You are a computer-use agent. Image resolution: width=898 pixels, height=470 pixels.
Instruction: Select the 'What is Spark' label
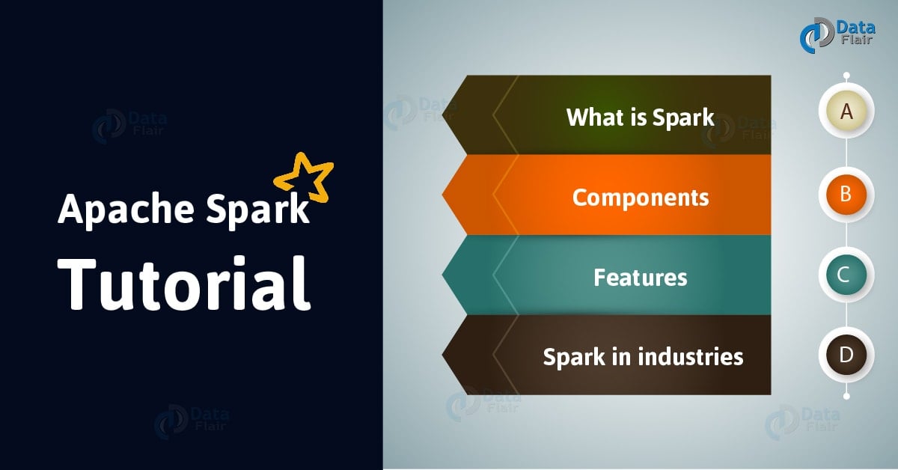pyautogui.click(x=640, y=117)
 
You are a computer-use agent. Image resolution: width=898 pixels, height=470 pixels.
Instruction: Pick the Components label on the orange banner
pyautogui.click(x=640, y=198)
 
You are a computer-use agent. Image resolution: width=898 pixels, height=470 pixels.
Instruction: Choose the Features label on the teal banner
pyautogui.click(x=640, y=278)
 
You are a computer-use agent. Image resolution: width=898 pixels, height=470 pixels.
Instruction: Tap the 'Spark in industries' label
pyautogui.click(x=643, y=356)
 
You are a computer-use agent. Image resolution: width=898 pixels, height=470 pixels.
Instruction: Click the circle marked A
pyautogui.click(x=846, y=112)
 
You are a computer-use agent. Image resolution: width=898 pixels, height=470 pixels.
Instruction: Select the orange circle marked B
pyautogui.click(x=846, y=194)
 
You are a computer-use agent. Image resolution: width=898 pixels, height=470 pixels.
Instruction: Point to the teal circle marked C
pyautogui.click(x=846, y=275)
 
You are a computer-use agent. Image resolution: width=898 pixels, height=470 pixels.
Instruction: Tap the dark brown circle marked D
pyautogui.click(x=846, y=355)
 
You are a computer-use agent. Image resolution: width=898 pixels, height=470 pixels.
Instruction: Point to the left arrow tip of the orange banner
pyautogui.click(x=448, y=196)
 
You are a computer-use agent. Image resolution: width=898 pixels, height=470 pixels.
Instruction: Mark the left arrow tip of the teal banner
pyautogui.click(x=448, y=275)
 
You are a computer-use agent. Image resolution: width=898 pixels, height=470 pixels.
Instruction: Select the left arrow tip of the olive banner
pyautogui.click(x=448, y=115)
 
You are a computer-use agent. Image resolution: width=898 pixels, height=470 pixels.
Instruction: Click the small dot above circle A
pyautogui.click(x=846, y=76)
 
